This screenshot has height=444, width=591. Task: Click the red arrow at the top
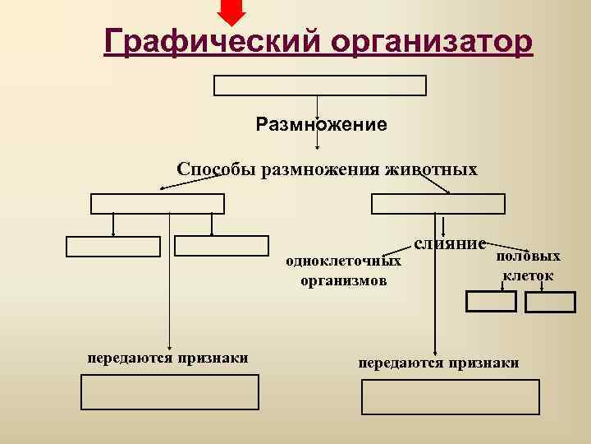point(231,12)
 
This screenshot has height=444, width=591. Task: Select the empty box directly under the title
point(320,86)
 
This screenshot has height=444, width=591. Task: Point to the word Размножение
point(320,125)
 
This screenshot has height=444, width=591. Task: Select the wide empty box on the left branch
point(157,203)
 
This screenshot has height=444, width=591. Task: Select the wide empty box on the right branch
point(438,203)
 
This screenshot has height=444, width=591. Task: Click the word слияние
point(451,243)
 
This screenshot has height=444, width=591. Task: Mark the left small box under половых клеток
point(491,302)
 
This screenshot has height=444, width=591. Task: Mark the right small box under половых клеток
point(551,302)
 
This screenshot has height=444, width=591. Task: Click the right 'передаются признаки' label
point(438,363)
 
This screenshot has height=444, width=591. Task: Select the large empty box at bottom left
point(169,391)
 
